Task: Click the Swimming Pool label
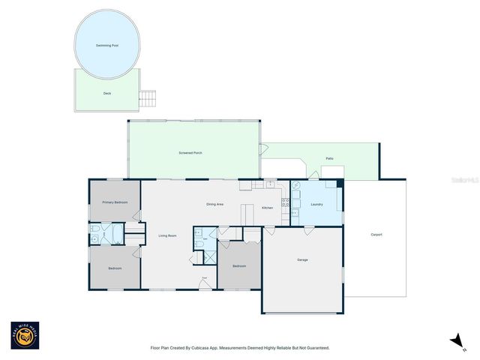tap(107, 46)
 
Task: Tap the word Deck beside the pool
tap(107, 94)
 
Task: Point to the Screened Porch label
tap(190, 153)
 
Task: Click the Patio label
tap(329, 159)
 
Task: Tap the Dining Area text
tap(215, 205)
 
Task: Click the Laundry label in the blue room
tap(316, 204)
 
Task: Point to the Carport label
tap(376, 235)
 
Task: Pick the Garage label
tap(302, 259)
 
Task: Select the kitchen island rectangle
tap(247, 214)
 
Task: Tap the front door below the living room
tap(203, 283)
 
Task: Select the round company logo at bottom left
tap(25, 335)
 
